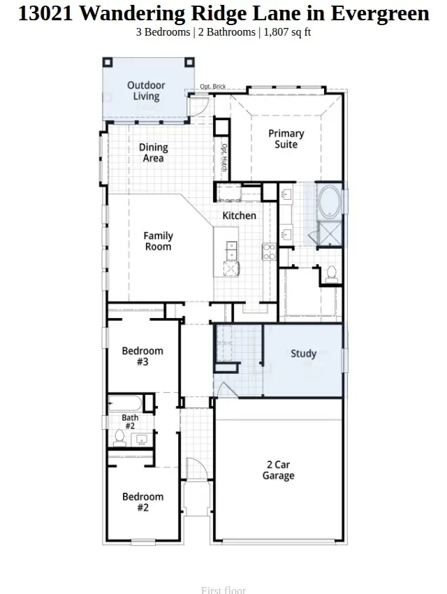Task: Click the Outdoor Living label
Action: click(146, 91)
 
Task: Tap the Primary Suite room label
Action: click(286, 138)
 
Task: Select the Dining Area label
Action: click(154, 152)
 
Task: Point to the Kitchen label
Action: click(240, 215)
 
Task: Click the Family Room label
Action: click(159, 241)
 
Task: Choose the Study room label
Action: click(304, 354)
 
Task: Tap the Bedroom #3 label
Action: click(142, 356)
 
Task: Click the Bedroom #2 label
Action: click(142, 502)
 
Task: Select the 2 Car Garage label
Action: click(279, 470)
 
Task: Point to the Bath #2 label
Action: click(130, 421)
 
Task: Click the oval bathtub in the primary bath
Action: click(329, 201)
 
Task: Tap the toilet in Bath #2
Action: click(119, 438)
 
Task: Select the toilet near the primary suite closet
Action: click(332, 273)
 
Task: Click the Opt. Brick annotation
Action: click(212, 87)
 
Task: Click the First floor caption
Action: click(223, 590)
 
